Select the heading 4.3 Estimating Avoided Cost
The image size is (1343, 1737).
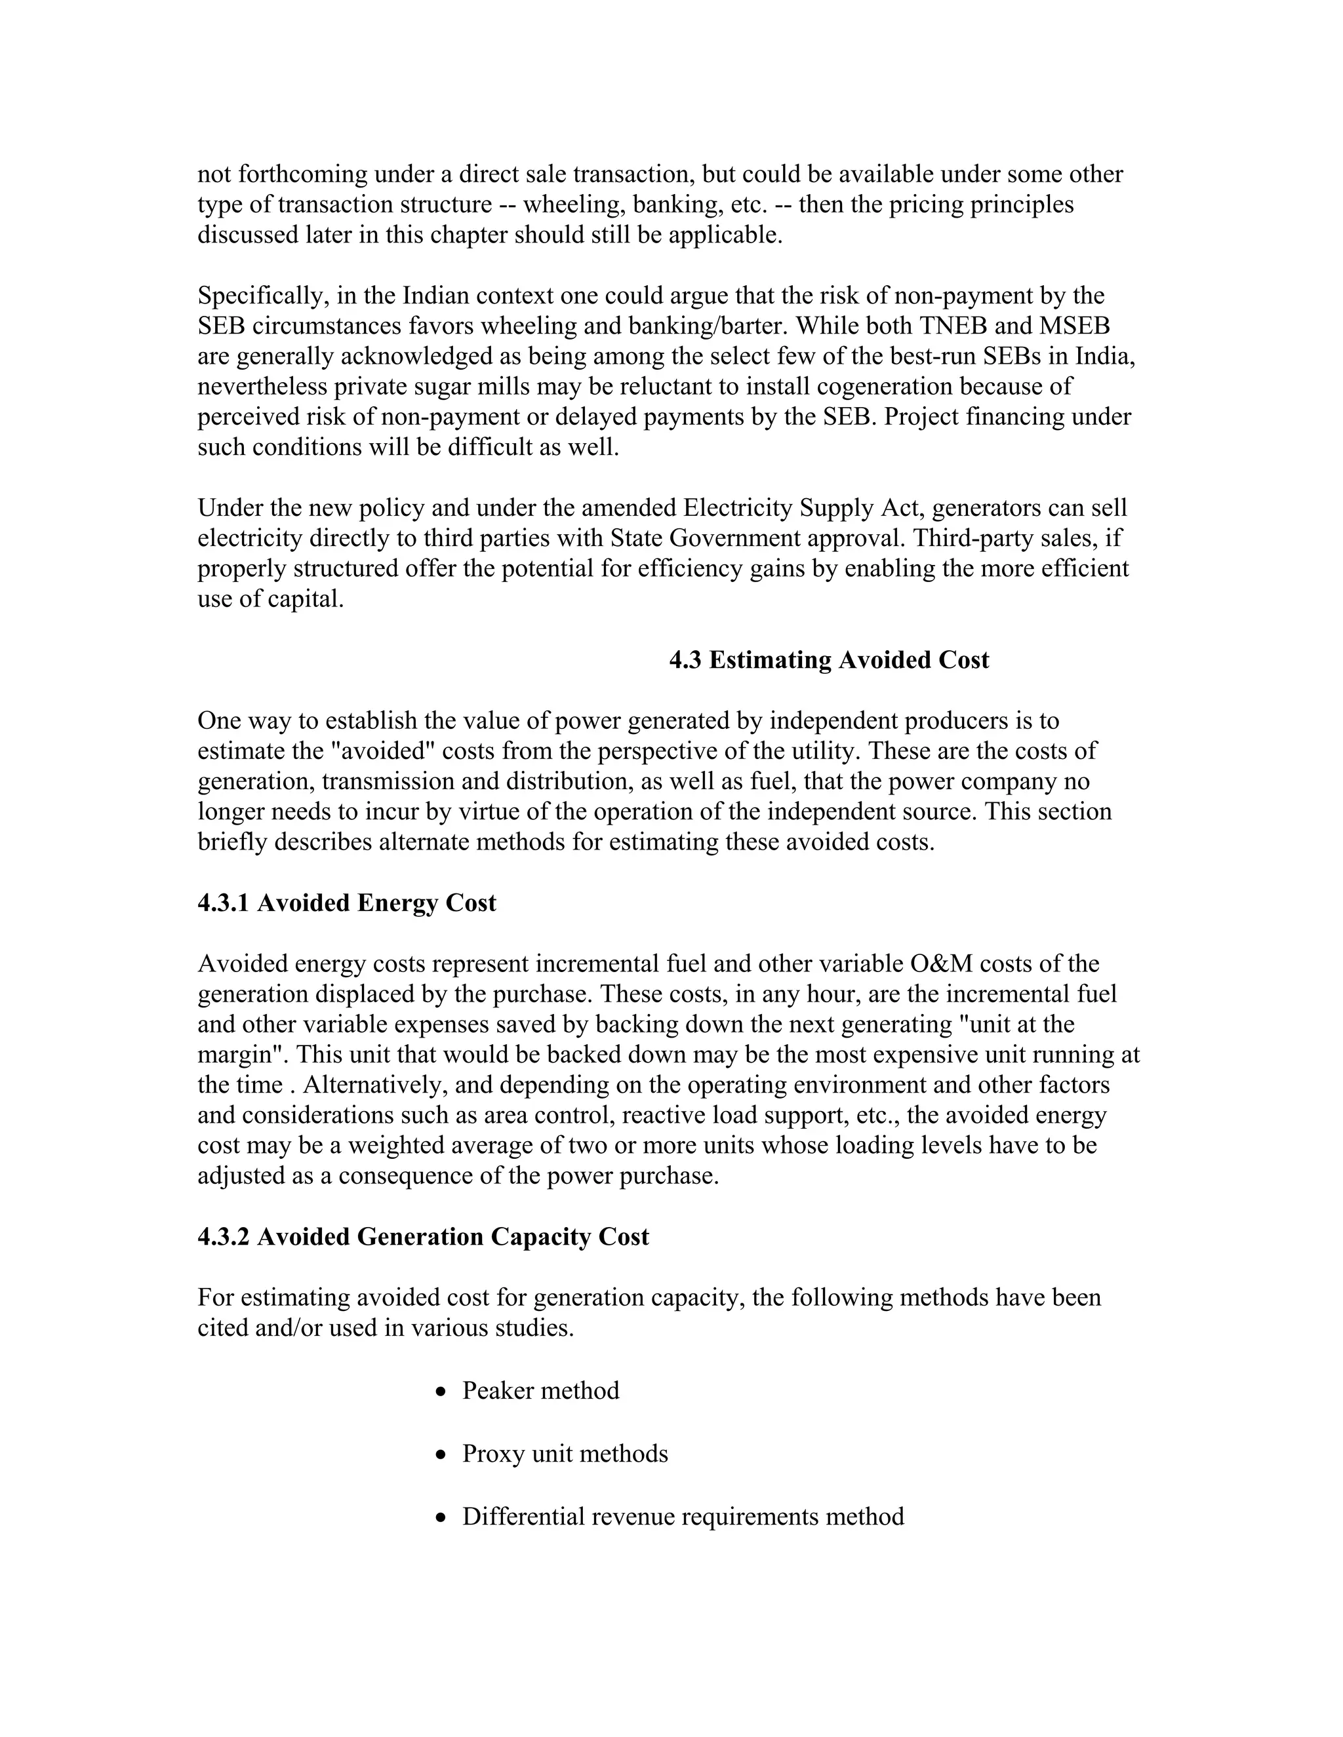(x=828, y=660)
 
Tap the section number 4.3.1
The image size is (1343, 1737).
(x=224, y=903)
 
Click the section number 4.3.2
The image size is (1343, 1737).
(x=224, y=1237)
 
